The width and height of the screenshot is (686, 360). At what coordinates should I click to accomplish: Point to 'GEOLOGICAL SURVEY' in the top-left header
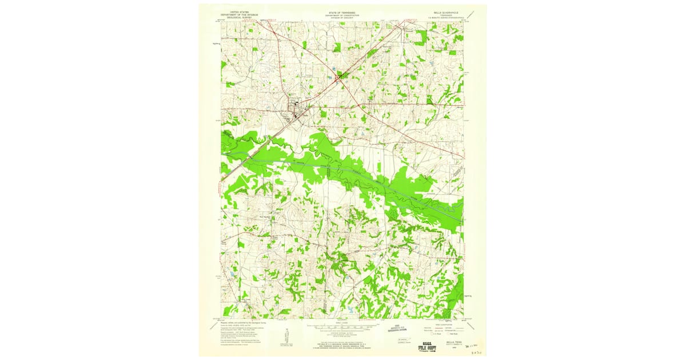234,18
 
